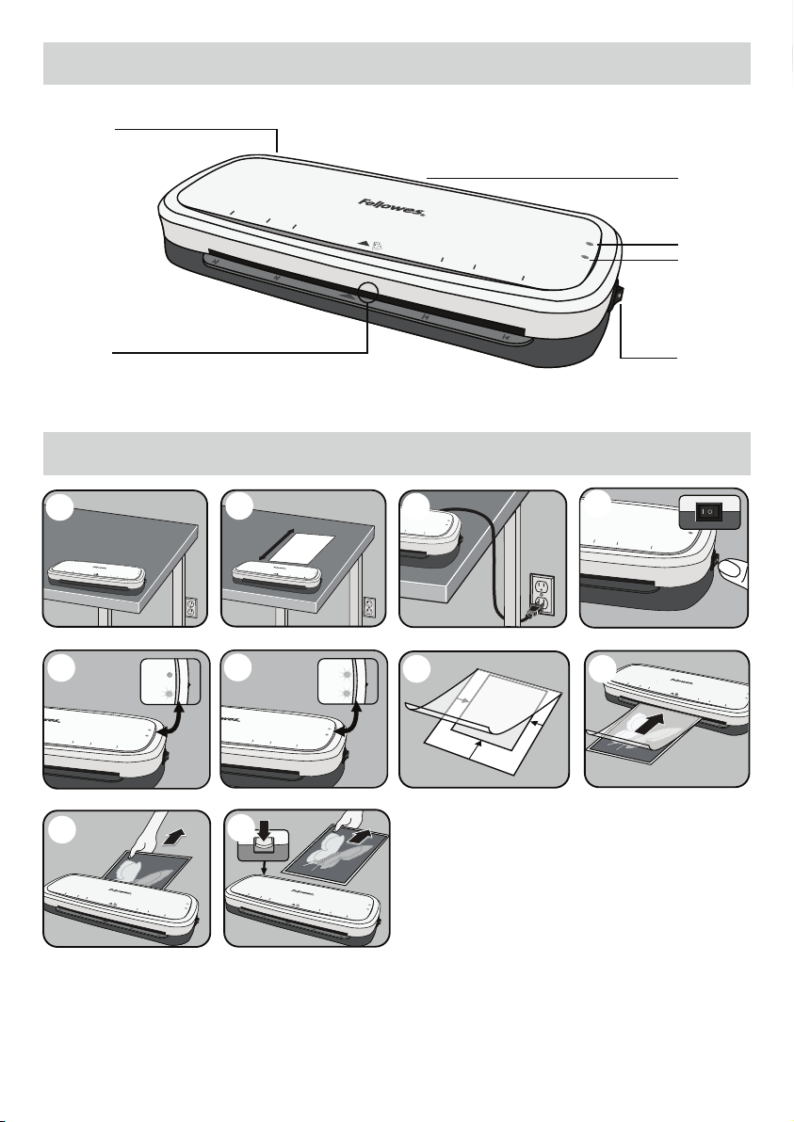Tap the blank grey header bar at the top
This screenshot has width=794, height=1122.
click(397, 62)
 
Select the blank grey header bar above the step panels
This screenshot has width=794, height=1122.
click(397, 454)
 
